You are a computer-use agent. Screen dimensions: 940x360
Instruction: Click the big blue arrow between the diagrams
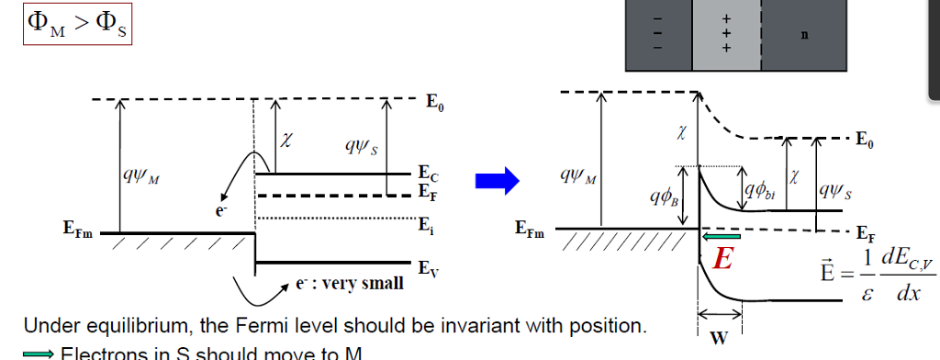coord(503,183)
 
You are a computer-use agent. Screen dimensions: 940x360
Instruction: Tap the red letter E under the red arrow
coord(722,260)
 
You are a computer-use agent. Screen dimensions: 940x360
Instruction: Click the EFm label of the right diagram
coord(530,230)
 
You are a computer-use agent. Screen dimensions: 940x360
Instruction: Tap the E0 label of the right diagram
coord(864,141)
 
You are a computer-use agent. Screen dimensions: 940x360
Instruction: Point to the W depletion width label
coord(719,337)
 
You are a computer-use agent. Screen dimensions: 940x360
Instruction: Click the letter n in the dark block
coord(804,36)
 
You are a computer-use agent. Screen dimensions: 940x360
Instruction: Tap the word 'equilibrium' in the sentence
coord(119,326)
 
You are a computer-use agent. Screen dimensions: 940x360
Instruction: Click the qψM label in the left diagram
coord(139,174)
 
